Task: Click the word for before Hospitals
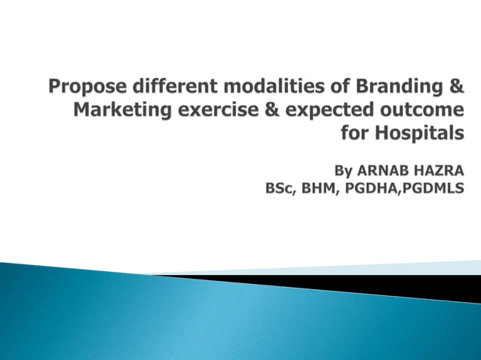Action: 357,136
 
